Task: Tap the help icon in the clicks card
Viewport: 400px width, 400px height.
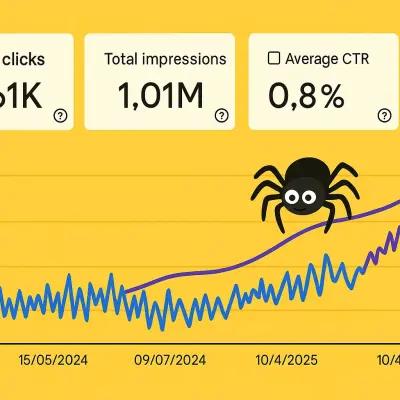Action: click(60, 115)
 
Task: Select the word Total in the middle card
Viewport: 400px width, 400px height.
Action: click(124, 58)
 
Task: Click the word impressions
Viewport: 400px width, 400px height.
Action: click(189, 58)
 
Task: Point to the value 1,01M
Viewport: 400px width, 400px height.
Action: click(161, 96)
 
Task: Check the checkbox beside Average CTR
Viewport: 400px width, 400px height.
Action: click(274, 58)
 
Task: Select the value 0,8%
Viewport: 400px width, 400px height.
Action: click(305, 96)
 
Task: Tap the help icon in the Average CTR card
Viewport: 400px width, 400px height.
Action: click(383, 115)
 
